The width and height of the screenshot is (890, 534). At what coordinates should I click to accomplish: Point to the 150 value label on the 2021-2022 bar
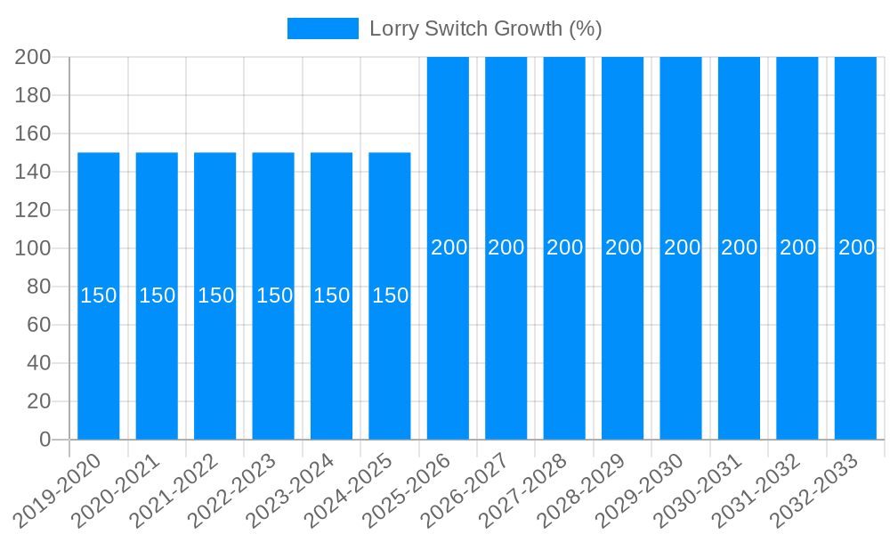[215, 295]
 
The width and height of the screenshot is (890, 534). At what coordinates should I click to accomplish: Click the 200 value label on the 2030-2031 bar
[739, 247]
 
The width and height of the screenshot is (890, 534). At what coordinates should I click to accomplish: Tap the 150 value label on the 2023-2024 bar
[332, 295]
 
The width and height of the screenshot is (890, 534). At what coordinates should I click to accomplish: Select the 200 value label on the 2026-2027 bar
[506, 247]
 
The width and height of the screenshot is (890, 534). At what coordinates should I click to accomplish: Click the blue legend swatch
[322, 28]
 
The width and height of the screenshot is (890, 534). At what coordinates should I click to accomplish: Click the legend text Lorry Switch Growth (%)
[486, 28]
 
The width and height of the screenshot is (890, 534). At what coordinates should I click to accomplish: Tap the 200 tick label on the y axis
[33, 57]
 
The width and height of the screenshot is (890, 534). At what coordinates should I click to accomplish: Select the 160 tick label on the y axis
[33, 133]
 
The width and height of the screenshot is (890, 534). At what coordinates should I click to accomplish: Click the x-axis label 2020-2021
[116, 489]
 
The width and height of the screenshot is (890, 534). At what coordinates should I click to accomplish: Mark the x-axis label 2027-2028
[524, 489]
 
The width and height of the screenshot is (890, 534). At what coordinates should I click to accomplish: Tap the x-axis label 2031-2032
[757, 489]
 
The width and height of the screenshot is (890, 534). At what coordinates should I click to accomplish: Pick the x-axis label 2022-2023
[232, 489]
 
